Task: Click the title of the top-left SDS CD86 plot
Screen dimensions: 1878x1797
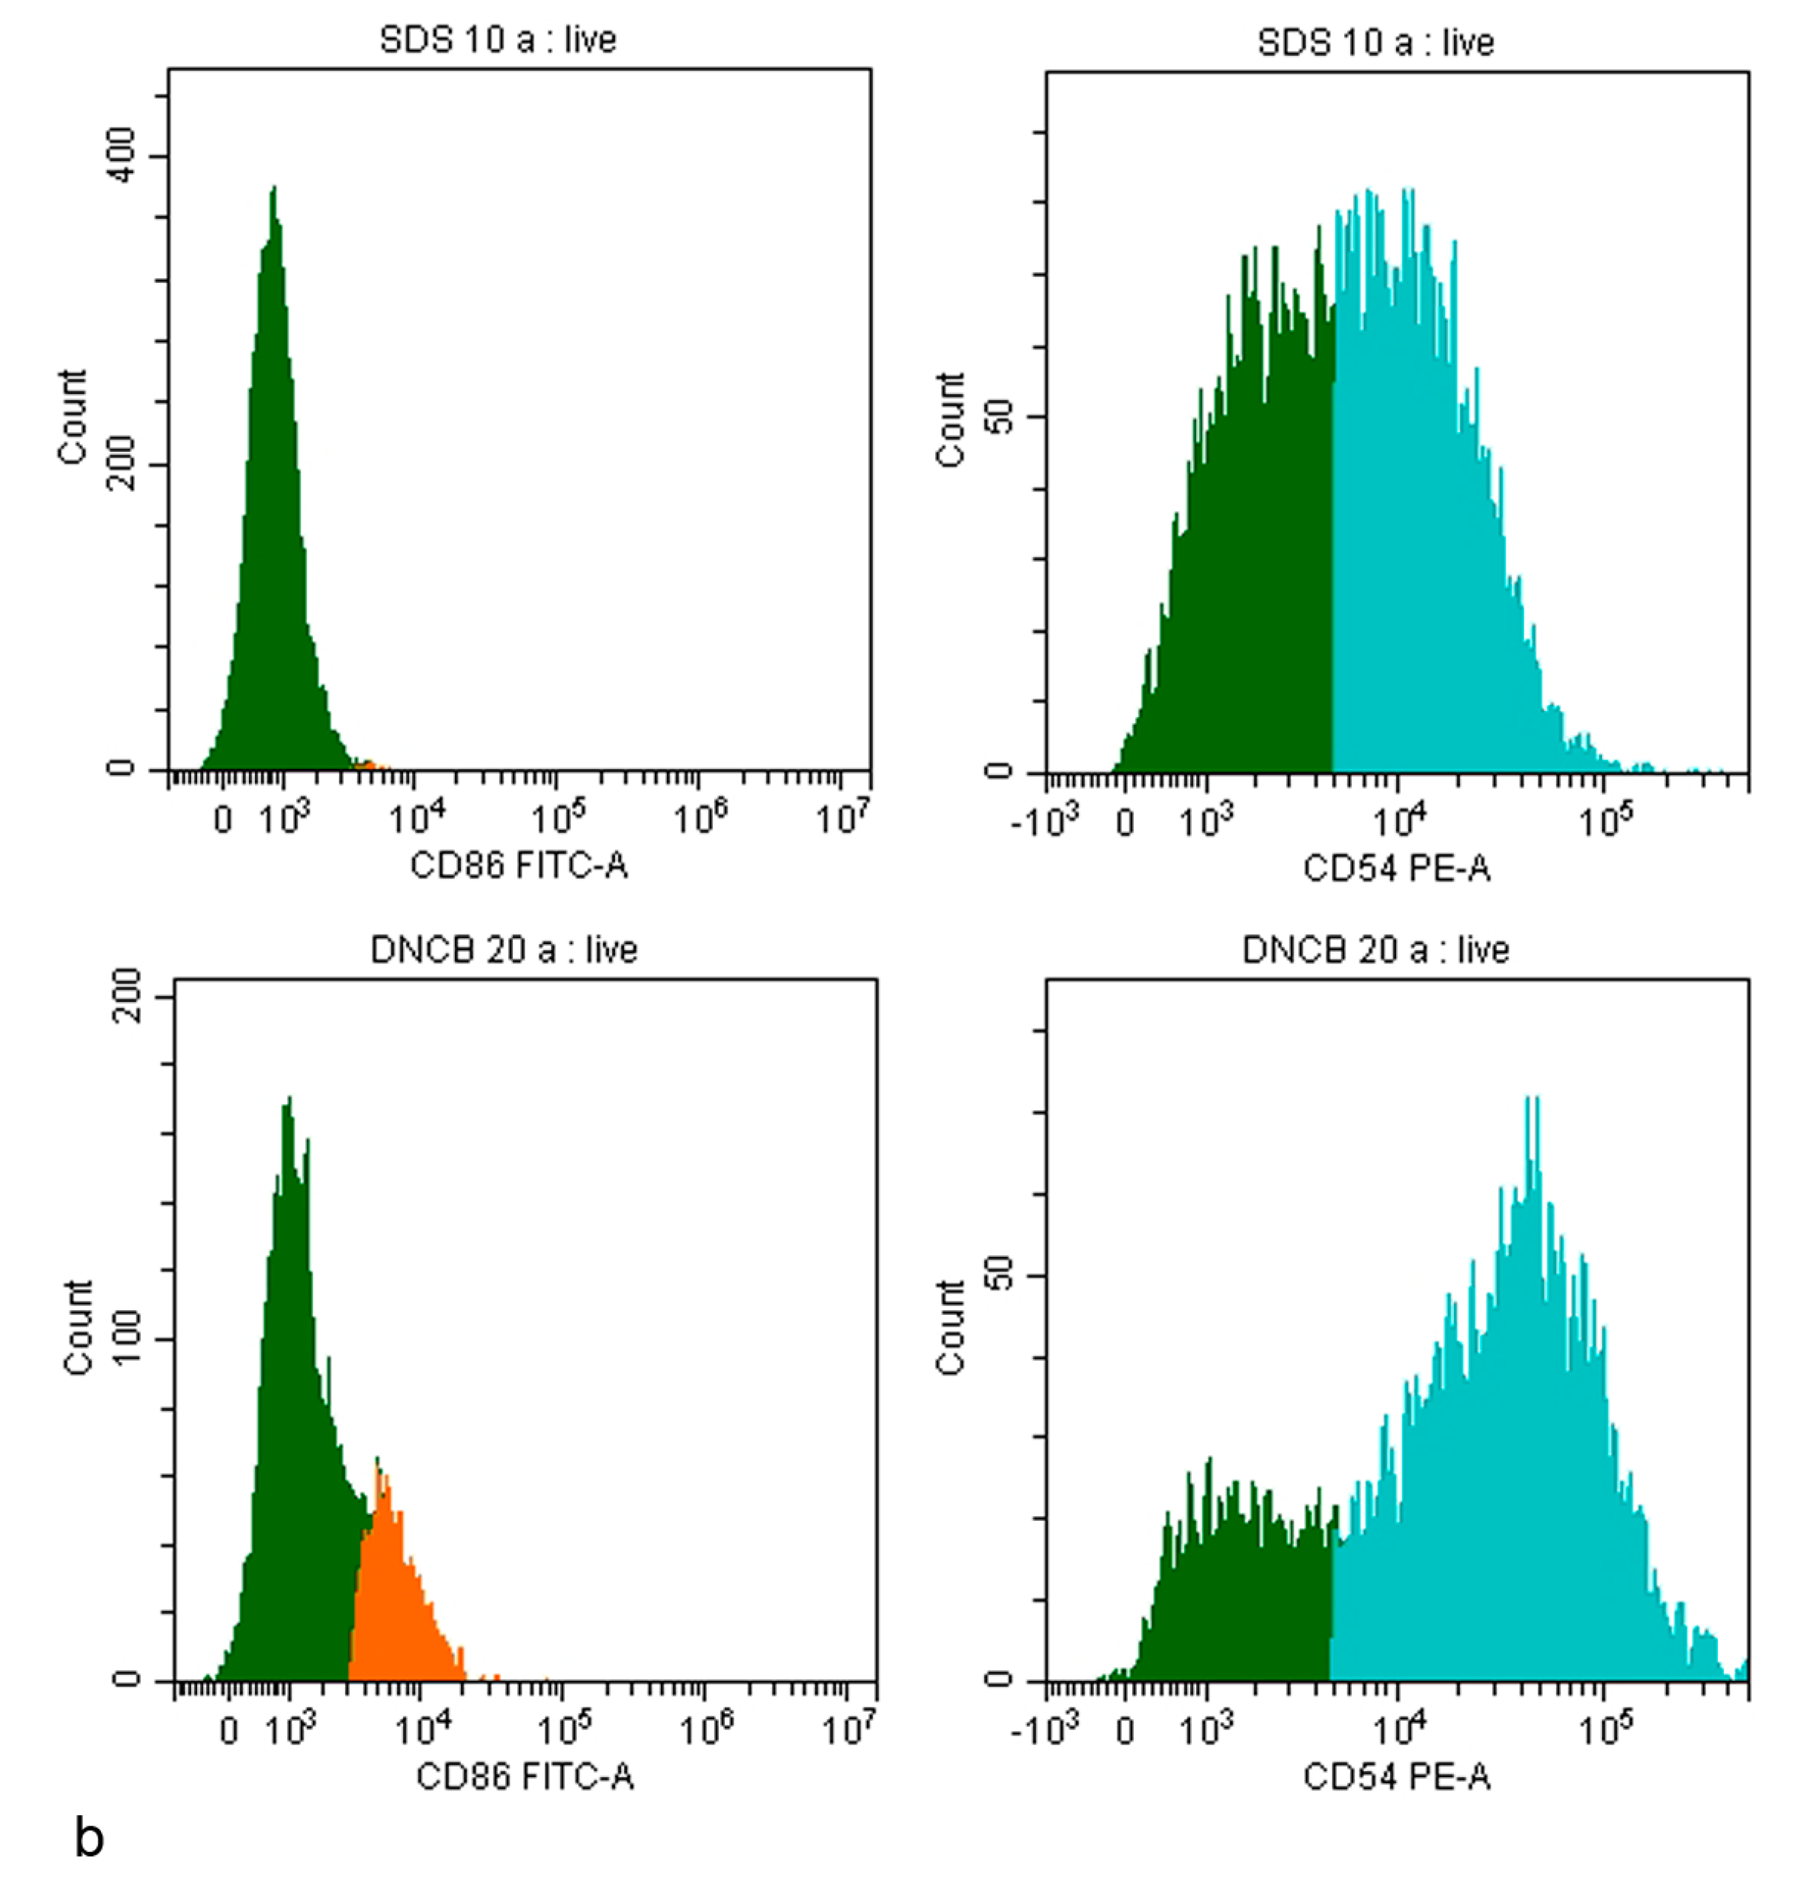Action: click(497, 40)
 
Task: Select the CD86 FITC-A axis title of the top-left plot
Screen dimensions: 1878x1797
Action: click(518, 865)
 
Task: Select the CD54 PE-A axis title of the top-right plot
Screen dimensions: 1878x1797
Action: click(1397, 868)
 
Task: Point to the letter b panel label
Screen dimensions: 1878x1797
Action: click(89, 1838)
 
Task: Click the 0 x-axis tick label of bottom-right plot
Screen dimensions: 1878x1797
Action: click(1125, 1731)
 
